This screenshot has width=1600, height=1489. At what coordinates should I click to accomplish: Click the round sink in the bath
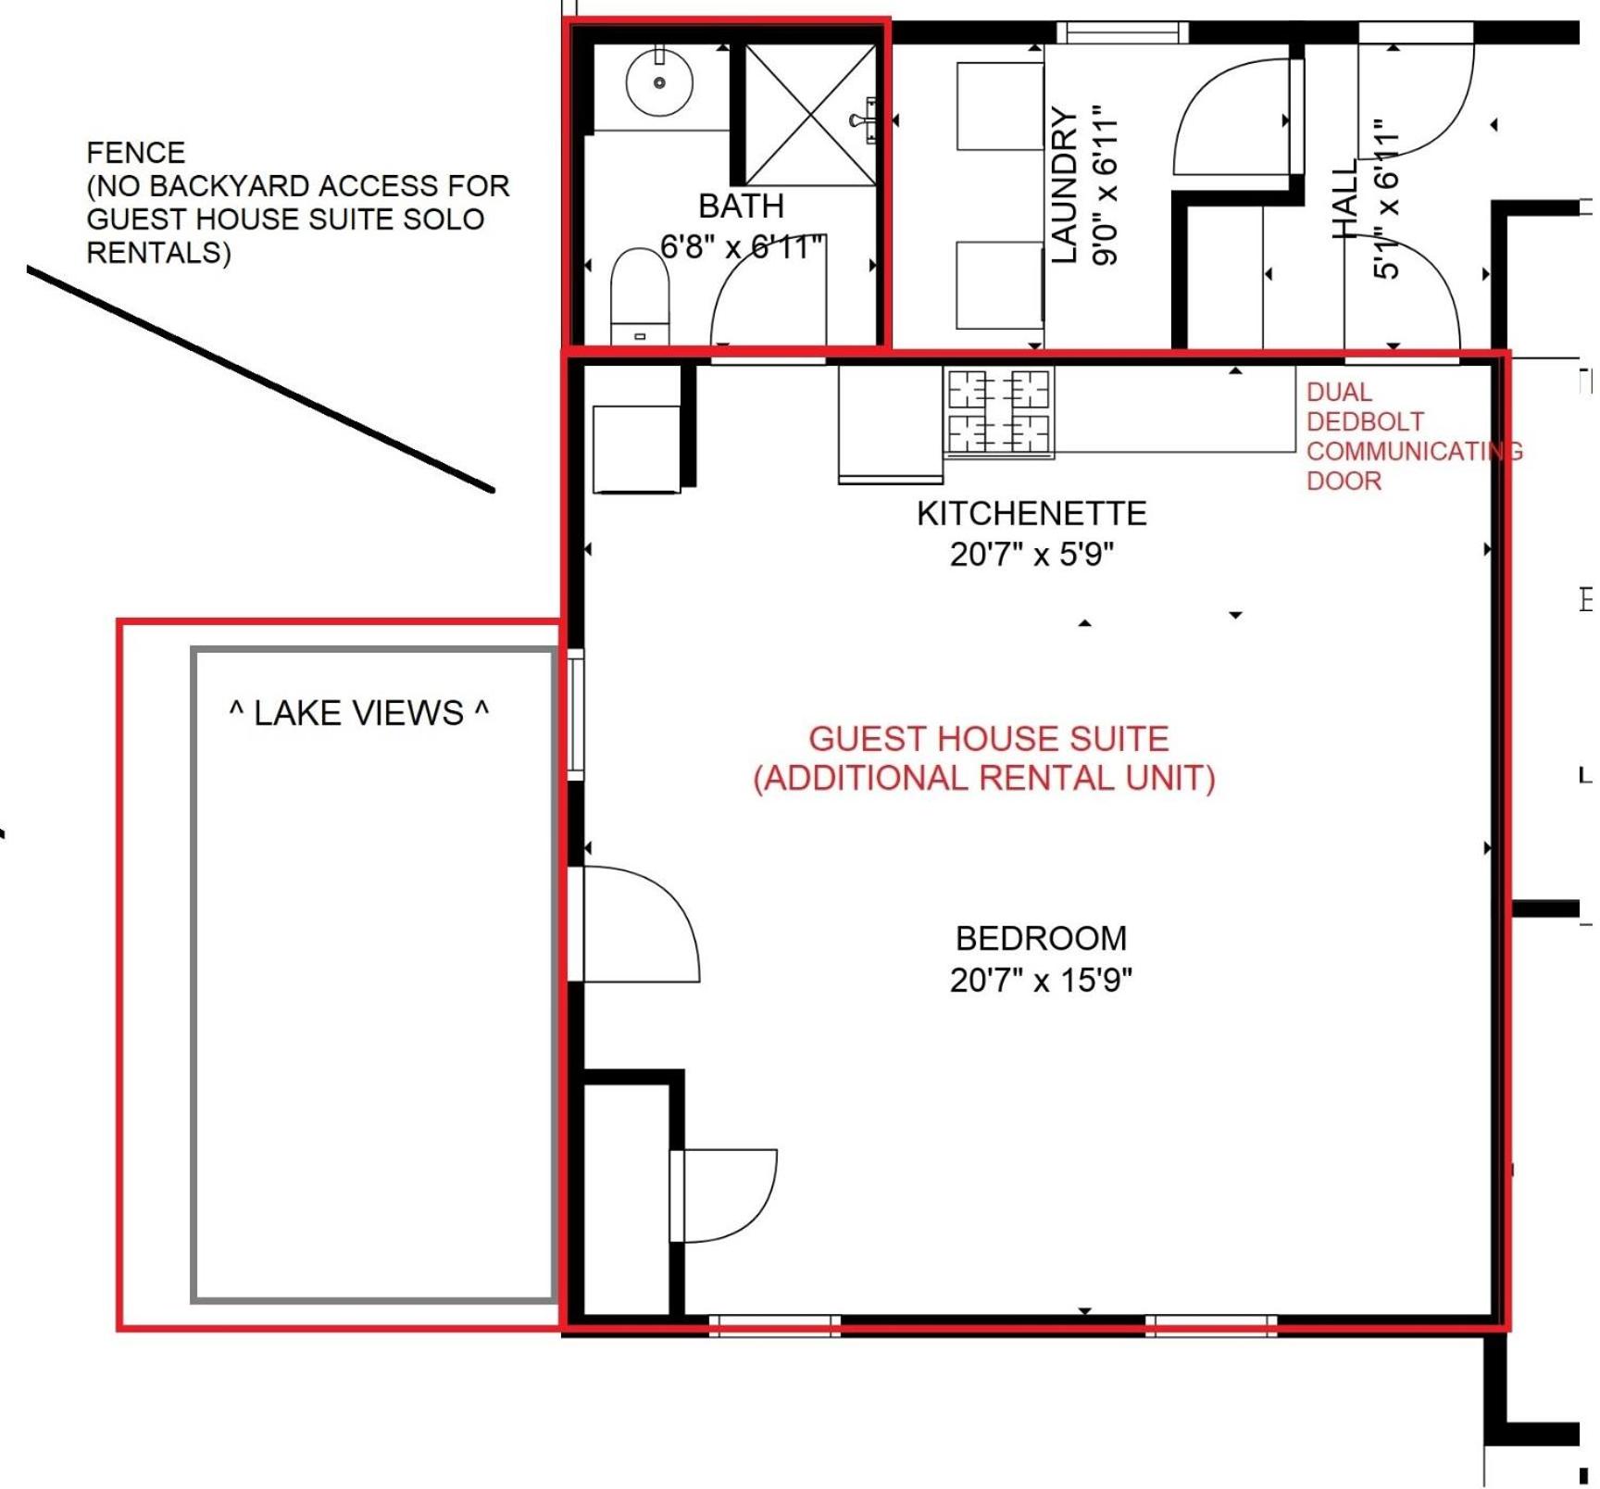(659, 82)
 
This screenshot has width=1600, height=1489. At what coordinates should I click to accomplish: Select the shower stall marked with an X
(811, 115)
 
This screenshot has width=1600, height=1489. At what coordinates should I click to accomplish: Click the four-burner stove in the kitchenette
(999, 411)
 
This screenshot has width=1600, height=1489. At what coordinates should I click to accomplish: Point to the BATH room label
(741, 206)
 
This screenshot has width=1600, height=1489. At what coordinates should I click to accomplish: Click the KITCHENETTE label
(1031, 513)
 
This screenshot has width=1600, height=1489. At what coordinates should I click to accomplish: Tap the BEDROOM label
(1041, 938)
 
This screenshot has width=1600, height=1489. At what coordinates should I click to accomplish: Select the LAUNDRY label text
(1066, 185)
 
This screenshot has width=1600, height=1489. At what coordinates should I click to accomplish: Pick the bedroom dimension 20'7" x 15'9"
(1041, 980)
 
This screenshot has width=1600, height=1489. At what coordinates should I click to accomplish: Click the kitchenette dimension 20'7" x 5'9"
(1031, 555)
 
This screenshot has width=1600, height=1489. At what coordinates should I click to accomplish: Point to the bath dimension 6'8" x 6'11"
(742, 247)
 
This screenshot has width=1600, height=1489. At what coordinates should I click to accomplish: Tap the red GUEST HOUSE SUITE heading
(988, 738)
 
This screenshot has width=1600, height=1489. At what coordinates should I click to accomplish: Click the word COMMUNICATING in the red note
(1414, 451)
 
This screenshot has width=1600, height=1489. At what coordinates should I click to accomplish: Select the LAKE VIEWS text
(358, 713)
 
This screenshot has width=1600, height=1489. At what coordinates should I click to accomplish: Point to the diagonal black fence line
(260, 380)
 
